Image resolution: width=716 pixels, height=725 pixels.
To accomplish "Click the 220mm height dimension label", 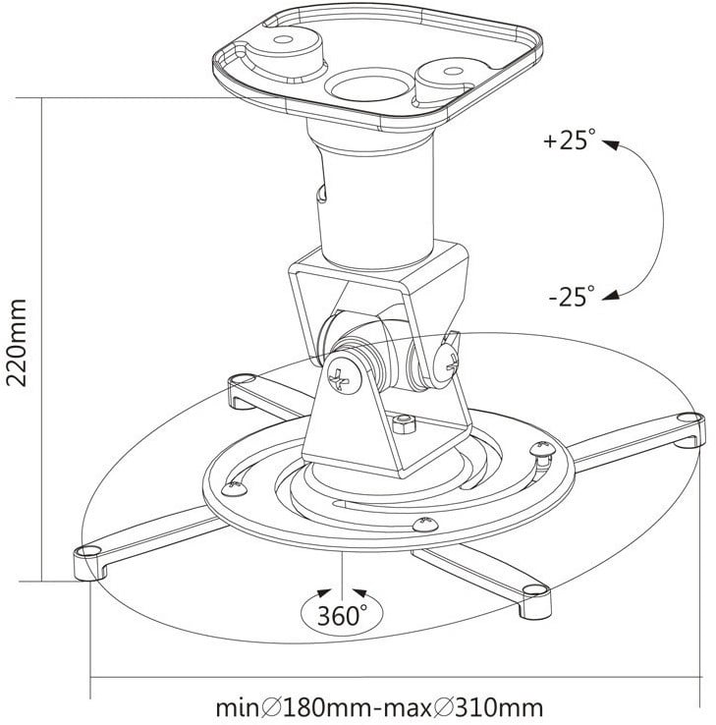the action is point(17,342).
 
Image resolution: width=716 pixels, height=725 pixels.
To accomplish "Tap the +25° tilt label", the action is point(569,139).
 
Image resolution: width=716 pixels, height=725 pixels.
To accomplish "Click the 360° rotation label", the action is point(342,615).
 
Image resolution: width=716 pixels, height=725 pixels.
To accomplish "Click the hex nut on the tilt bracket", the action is point(404,423).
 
